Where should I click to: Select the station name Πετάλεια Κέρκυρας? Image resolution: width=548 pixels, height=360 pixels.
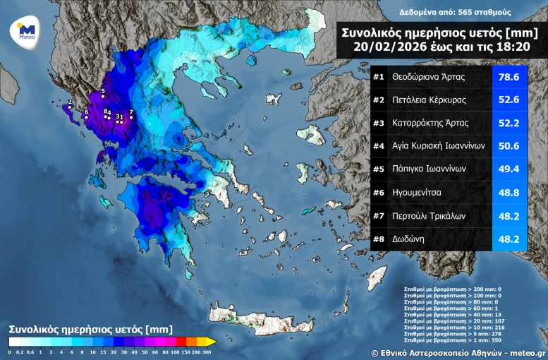pos(429,100)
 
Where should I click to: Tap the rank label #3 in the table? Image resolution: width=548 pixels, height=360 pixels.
pos(379,123)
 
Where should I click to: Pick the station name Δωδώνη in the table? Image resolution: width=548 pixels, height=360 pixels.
pos(408,239)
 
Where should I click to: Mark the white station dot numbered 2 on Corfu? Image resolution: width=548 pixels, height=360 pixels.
pos(69,107)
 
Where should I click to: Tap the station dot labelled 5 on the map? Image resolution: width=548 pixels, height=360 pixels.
pos(103,97)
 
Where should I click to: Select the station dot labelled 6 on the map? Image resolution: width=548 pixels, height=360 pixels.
pos(86,117)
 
